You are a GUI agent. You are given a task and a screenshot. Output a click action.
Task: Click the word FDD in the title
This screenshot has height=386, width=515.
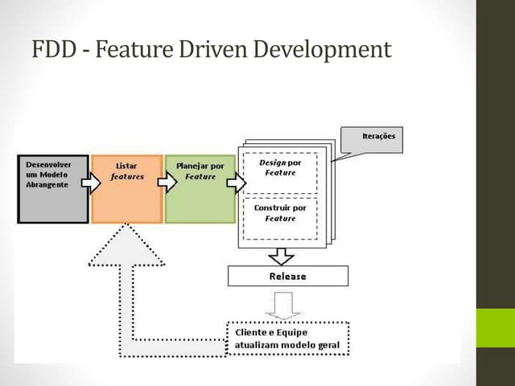(50, 51)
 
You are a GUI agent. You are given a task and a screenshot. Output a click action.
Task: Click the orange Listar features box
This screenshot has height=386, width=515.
(127, 187)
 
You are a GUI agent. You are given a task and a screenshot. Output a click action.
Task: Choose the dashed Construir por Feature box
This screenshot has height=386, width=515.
(280, 216)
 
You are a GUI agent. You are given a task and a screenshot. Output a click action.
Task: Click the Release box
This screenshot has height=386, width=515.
(287, 276)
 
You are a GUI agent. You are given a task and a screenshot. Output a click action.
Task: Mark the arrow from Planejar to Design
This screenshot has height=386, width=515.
(237, 183)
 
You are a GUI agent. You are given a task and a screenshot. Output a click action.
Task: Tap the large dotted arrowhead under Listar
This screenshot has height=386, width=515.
(126, 245)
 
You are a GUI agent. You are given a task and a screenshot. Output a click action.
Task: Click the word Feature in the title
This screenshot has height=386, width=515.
(130, 51)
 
